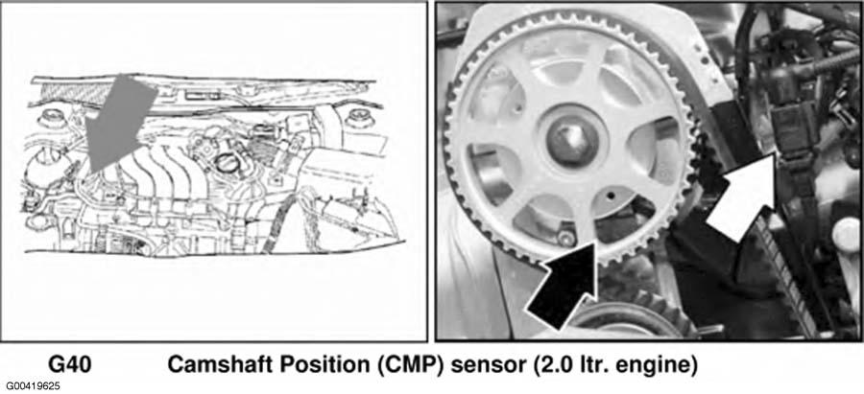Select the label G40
(x=70, y=365)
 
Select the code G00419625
(x=33, y=385)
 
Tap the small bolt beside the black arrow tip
(x=564, y=237)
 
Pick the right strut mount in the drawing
(x=357, y=119)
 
